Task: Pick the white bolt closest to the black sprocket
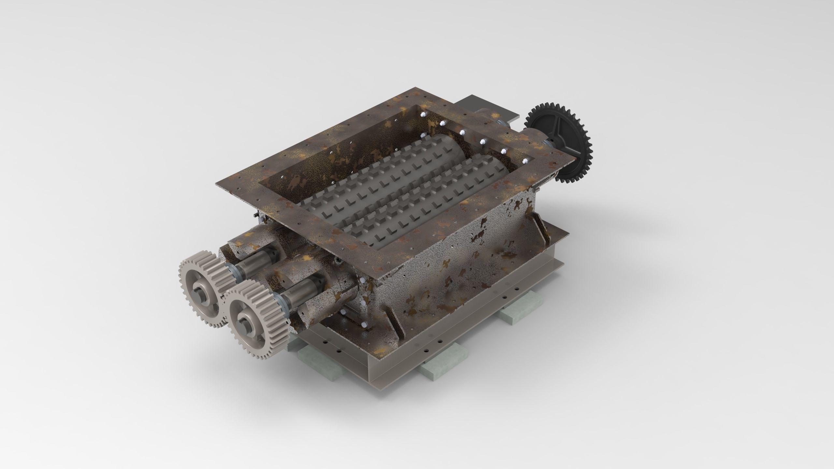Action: pos(525,161)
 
